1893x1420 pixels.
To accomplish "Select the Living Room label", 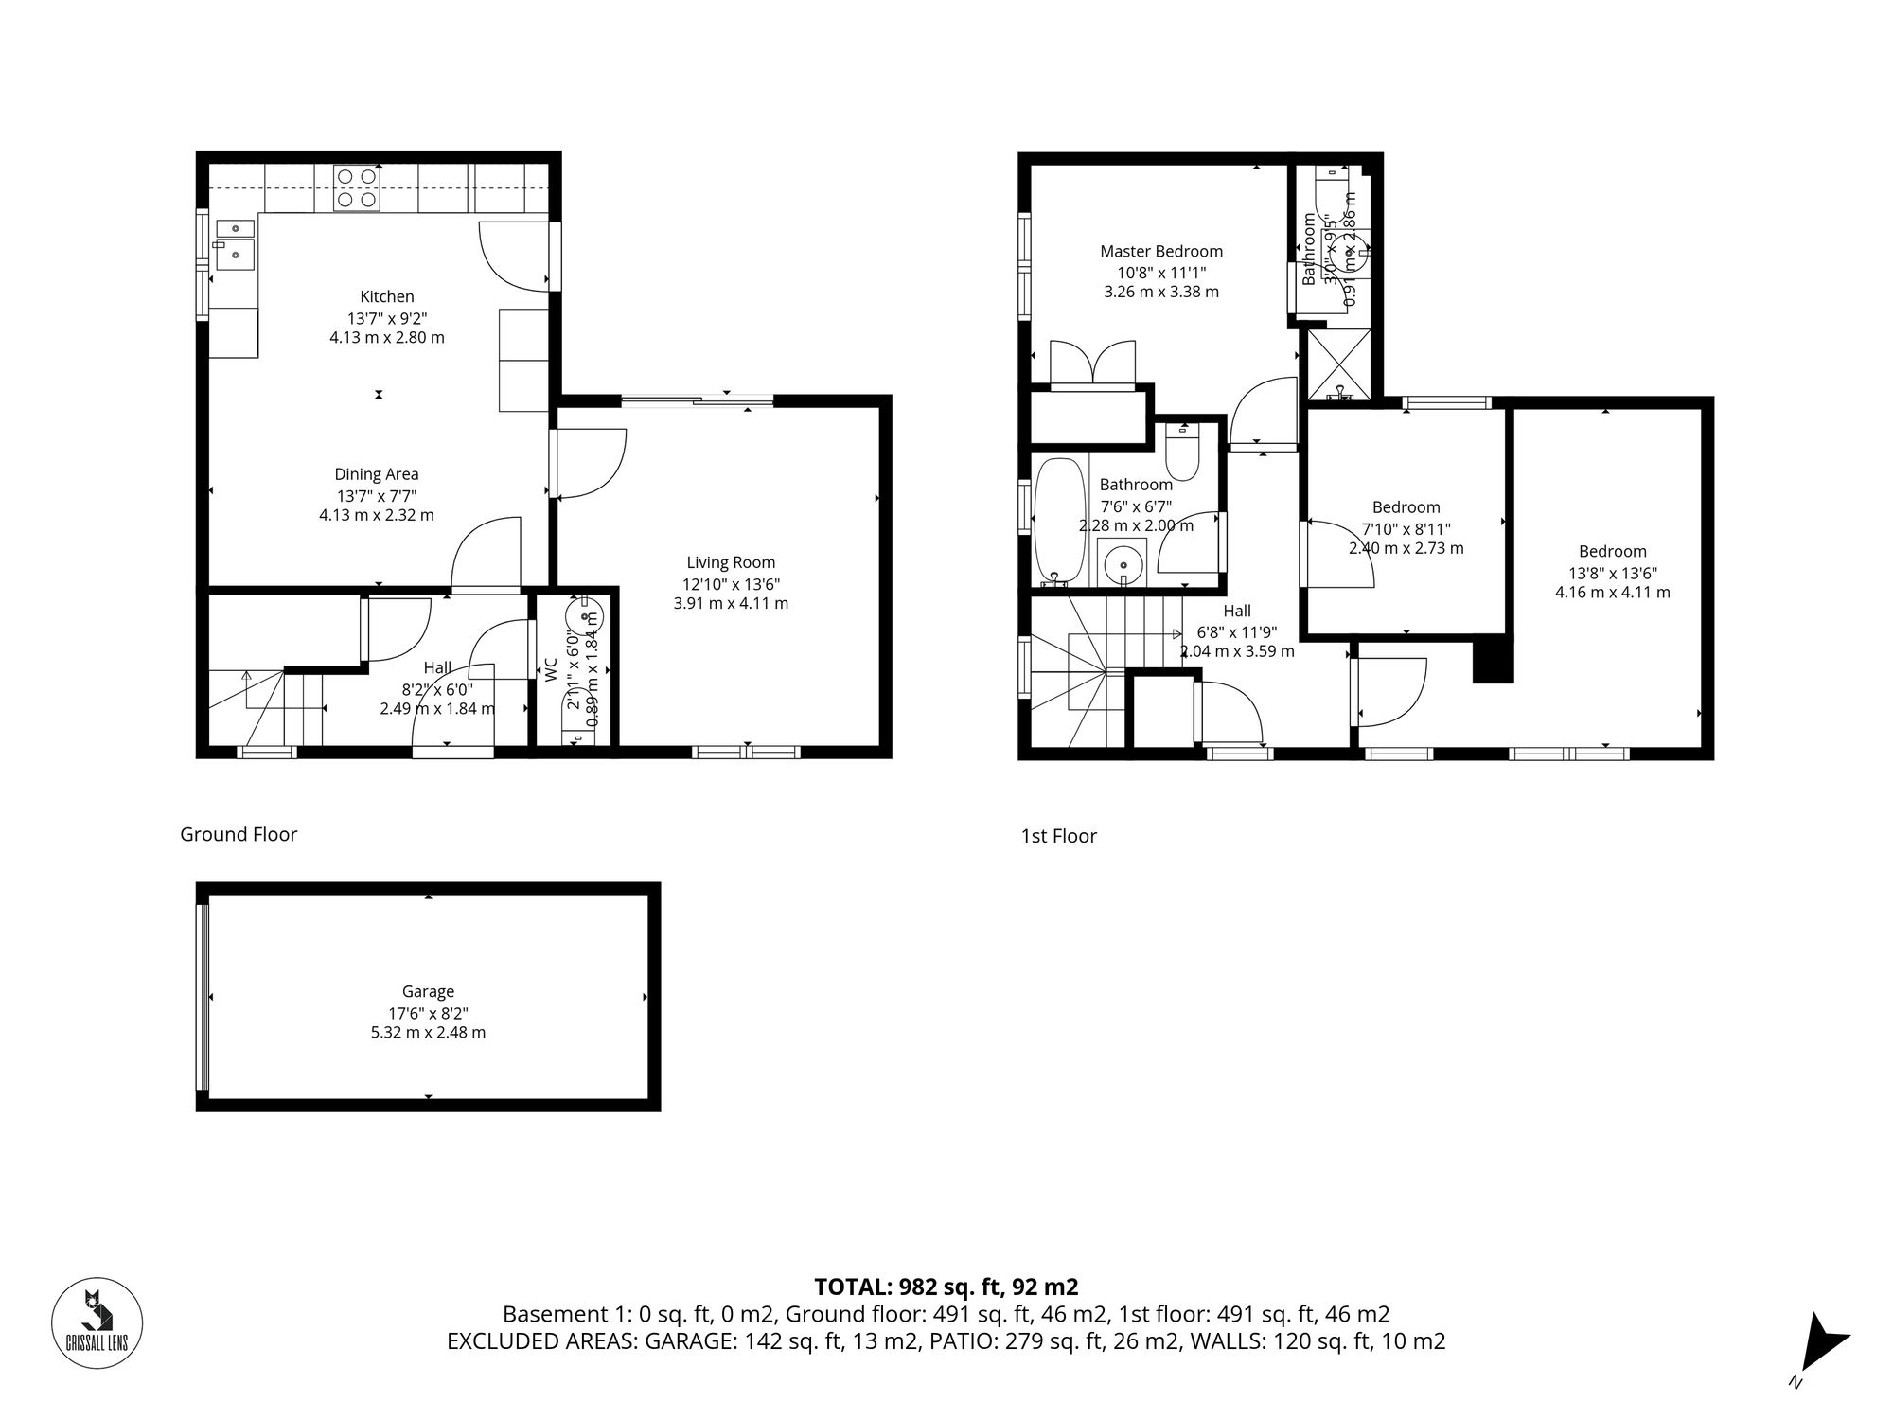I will (731, 562).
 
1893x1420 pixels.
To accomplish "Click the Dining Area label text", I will (377, 474).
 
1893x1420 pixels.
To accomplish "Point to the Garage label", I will (428, 991).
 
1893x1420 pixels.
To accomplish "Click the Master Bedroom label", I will (1160, 251).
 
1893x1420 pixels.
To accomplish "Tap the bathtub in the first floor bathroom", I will (1053, 521).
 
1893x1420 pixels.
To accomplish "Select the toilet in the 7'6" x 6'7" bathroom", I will (1182, 453).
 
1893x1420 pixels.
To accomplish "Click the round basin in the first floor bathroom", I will (1123, 562).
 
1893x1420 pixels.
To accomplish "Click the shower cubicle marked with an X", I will (1337, 364).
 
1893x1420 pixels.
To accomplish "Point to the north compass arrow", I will (1822, 1342).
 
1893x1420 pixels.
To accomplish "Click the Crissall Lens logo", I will (97, 1322).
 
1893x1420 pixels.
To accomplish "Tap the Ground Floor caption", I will (239, 834).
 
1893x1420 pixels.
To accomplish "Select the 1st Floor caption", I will (1058, 836).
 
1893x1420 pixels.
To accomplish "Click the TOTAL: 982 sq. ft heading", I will (946, 1287).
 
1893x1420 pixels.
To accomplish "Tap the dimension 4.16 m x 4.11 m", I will (1612, 593).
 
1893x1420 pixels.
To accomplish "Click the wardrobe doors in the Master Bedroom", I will (1092, 364).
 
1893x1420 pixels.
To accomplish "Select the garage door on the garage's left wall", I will (201, 997).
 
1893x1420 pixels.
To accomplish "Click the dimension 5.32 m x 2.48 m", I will (428, 1032).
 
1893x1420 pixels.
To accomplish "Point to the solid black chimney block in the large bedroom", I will (1493, 659).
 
